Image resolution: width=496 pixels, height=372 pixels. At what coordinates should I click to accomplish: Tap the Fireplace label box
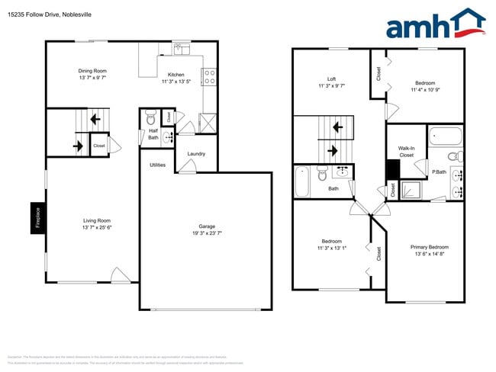point(36,219)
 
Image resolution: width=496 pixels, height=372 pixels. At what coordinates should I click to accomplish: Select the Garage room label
point(206,226)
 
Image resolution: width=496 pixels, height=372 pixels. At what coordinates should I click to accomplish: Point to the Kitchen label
point(176,75)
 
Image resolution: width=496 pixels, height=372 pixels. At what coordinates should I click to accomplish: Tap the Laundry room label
point(196,154)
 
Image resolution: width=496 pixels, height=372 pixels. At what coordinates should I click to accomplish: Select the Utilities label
point(158,165)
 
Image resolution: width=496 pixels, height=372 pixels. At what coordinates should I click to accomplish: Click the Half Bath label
point(153,133)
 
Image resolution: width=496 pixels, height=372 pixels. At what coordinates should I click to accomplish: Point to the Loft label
point(331,79)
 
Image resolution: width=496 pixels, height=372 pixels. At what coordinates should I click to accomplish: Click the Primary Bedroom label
point(430,247)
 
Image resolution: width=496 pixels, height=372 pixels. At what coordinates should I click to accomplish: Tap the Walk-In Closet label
point(406,151)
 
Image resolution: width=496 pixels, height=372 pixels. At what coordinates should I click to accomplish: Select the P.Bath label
point(439,172)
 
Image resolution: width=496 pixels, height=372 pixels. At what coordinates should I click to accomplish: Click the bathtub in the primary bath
point(445,137)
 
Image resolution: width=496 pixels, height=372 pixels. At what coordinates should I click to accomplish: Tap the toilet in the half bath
point(150,118)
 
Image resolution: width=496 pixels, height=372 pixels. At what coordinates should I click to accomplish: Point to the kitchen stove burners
point(208,75)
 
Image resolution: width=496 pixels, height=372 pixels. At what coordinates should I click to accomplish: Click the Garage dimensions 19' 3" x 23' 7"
point(206,234)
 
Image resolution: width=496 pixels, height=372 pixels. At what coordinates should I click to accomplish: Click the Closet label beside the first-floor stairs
point(99,145)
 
